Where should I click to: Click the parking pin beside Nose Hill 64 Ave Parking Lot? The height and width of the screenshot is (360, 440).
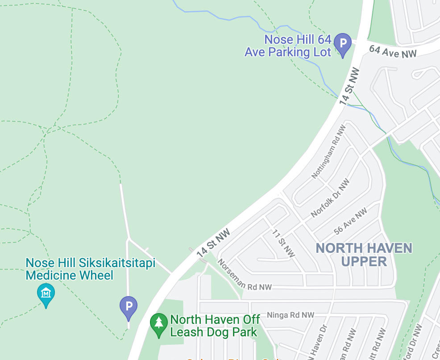(x=343, y=44)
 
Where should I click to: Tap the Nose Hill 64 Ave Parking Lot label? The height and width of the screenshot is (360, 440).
(x=288, y=46)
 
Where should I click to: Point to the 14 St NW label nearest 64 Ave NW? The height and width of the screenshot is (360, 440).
(x=349, y=86)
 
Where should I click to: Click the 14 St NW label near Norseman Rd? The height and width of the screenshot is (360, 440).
(x=214, y=243)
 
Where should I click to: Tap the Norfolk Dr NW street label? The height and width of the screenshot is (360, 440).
(x=330, y=198)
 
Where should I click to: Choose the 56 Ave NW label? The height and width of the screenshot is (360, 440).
(x=350, y=221)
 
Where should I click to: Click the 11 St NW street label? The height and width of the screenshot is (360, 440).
(x=283, y=243)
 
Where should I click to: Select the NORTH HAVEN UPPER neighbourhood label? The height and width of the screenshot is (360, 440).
(x=364, y=254)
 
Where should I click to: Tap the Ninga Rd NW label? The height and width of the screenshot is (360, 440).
(x=290, y=315)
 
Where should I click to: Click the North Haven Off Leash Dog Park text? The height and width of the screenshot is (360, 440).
(x=215, y=326)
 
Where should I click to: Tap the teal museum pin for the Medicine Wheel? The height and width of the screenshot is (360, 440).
(x=46, y=293)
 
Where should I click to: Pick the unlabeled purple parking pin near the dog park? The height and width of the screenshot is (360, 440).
(x=129, y=307)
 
